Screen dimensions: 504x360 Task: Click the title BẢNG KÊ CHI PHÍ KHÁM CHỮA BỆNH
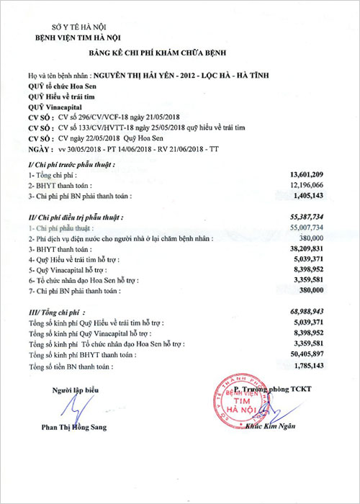click(179, 55)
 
